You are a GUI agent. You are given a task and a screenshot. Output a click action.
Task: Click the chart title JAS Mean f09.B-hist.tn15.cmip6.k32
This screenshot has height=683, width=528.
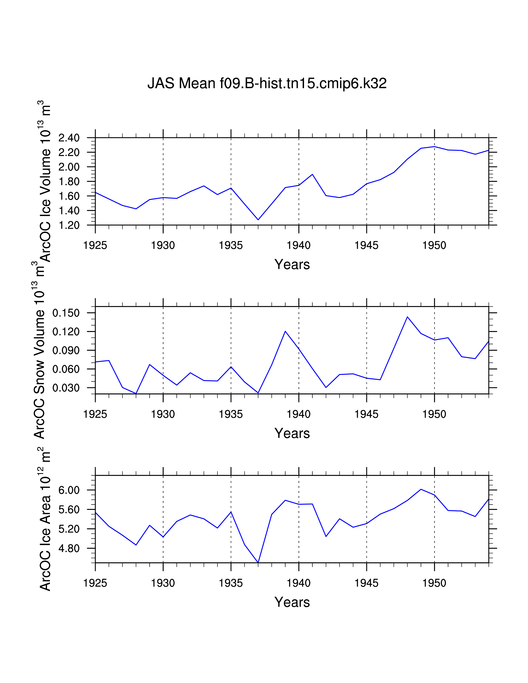click(x=267, y=83)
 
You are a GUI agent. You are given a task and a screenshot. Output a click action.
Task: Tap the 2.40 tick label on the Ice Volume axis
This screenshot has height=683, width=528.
click(x=69, y=138)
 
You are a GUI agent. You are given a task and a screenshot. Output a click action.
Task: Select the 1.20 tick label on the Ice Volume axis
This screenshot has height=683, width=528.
click(x=69, y=225)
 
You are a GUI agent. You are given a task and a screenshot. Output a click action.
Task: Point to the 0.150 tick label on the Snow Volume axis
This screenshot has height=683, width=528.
click(x=66, y=313)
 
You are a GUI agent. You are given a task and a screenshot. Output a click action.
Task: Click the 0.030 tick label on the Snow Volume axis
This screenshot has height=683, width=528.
click(x=66, y=388)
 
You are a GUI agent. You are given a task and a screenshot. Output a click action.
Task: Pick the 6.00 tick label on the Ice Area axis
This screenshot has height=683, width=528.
click(x=69, y=490)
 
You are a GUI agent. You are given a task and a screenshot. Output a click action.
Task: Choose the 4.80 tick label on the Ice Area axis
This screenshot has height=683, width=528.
click(x=69, y=548)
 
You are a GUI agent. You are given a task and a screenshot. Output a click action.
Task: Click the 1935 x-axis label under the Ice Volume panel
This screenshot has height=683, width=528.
click(x=231, y=245)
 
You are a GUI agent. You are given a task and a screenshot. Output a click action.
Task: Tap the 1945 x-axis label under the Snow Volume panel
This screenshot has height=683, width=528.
click(x=366, y=414)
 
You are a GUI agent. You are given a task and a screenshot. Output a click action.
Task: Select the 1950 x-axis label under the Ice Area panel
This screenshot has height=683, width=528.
click(x=434, y=583)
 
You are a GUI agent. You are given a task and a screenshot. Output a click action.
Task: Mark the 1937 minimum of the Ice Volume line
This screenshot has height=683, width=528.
click(x=258, y=220)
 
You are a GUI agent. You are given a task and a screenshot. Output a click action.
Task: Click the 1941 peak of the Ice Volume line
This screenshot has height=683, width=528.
click(x=312, y=174)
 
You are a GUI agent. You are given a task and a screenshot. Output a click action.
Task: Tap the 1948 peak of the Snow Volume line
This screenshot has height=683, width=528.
click(x=407, y=317)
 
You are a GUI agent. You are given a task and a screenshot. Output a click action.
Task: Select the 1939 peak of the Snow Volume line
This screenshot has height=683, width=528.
click(x=285, y=331)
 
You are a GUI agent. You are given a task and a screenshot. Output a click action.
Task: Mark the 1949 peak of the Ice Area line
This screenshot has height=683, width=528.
click(x=421, y=489)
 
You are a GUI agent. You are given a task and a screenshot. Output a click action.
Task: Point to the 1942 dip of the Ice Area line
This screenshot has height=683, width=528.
click(x=326, y=536)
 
